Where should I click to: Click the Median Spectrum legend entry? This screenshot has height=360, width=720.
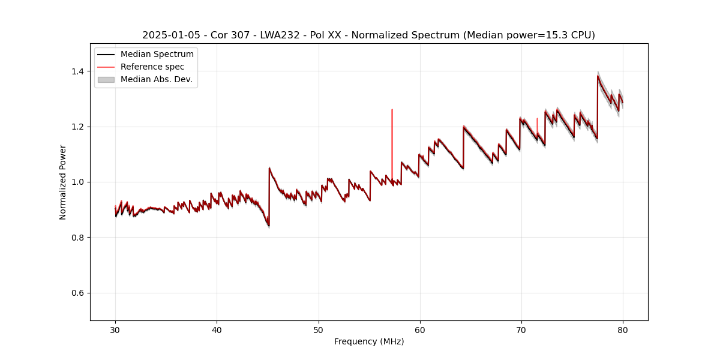tap(157, 55)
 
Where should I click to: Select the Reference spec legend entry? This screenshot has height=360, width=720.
tap(152, 67)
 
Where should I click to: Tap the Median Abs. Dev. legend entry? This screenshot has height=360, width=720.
tap(156, 79)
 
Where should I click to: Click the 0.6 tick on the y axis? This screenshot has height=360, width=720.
tap(79, 293)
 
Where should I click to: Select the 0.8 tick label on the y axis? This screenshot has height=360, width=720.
tap(79, 238)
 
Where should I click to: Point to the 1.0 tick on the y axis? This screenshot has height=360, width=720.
tap(79, 182)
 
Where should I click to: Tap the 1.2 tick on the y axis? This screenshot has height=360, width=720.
tap(79, 127)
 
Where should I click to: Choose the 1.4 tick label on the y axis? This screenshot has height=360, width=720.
tap(79, 71)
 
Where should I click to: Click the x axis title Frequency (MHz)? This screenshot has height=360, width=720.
tap(369, 341)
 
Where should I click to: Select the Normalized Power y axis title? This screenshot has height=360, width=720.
tap(63, 182)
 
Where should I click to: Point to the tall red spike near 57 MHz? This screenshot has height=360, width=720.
tap(392, 120)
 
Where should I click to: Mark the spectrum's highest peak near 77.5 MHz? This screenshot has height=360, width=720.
tap(598, 76)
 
